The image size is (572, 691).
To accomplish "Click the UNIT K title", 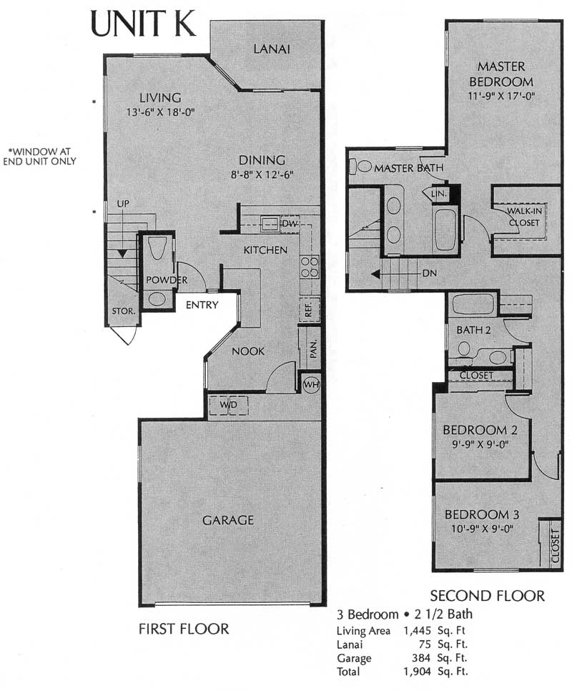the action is pos(143,24).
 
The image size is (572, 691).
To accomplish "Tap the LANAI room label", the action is pos(272,49).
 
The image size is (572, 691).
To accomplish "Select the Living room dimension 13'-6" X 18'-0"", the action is pos(160,112).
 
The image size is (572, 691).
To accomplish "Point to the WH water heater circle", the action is pos(311,384).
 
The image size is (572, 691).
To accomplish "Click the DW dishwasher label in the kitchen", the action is pos(290,223).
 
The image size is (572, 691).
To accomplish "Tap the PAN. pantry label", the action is pos(313,348).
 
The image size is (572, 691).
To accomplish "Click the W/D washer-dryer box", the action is pos(228,405).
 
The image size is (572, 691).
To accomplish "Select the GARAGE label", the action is pos(228,520).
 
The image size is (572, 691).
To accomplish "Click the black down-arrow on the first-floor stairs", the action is pos(122,254).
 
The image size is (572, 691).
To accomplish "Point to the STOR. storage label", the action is pos(123,311).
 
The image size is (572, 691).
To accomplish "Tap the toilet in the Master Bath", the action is pos(360,166).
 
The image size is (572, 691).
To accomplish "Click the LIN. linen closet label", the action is pos(438,193).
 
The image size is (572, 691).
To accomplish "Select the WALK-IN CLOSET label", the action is pos(524,217).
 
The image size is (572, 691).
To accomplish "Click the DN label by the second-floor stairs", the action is pos(429,273).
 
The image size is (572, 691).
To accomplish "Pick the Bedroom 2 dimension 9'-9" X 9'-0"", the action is pos(480,444).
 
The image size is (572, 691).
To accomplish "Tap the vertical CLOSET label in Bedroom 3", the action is pos(555,546).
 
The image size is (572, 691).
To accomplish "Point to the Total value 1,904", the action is pos(418,672).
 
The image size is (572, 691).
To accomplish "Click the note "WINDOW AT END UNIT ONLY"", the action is pos(39,157).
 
